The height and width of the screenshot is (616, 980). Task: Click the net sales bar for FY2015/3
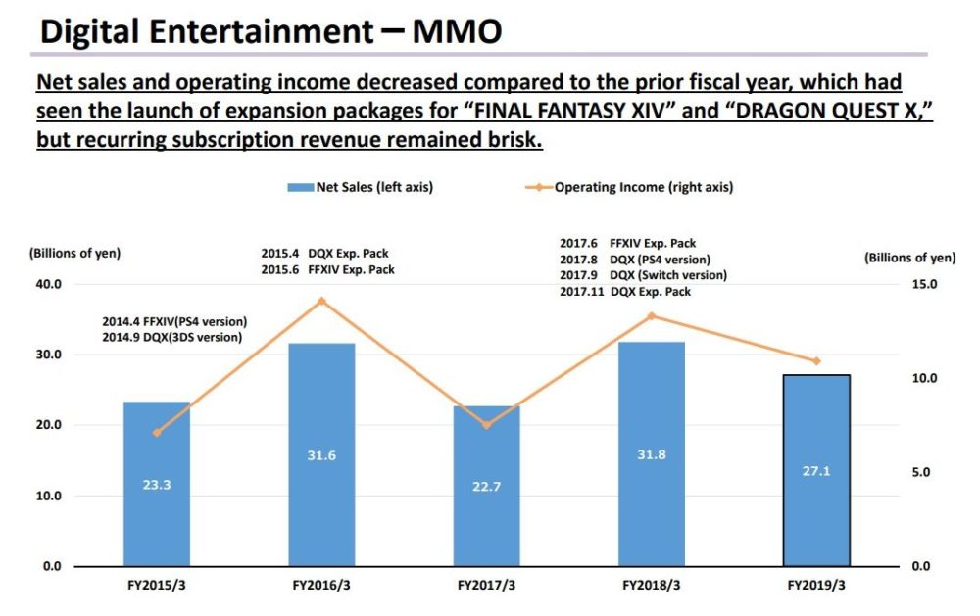point(157,484)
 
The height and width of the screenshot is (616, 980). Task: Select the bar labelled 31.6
point(321,454)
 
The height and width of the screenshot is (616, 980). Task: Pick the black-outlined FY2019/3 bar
point(817,470)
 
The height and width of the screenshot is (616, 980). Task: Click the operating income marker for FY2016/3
point(321,301)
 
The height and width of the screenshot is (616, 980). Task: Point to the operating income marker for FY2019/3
point(817,361)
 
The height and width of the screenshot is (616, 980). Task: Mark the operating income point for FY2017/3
point(487,425)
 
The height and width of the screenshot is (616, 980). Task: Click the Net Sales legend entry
point(367,187)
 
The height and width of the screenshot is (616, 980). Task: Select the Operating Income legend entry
point(643,187)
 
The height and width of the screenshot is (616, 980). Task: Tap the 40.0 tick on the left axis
point(49,284)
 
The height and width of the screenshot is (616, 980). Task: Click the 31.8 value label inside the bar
point(652,454)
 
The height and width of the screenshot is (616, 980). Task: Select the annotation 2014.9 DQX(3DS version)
point(171,337)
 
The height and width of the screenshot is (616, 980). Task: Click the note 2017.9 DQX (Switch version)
point(642,275)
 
